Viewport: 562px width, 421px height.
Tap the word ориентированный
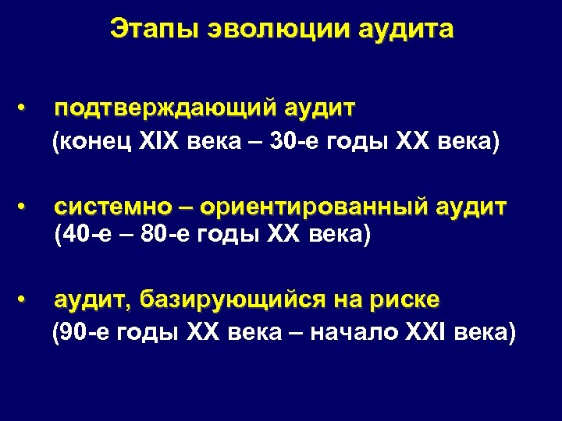[313, 207]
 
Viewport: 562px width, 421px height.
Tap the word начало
[354, 333]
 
